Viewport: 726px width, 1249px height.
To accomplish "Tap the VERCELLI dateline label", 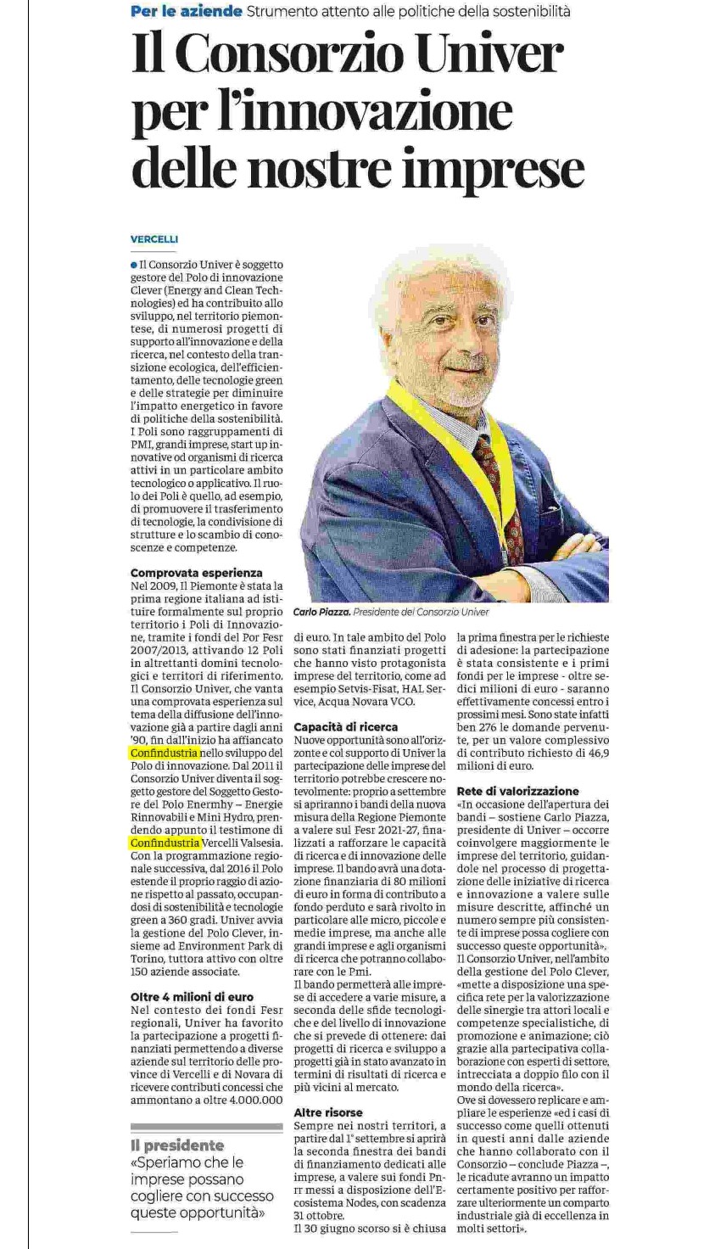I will (x=154, y=239).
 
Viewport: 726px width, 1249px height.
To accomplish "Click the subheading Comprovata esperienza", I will (x=197, y=573).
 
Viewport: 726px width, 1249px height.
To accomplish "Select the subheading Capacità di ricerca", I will (x=345, y=727).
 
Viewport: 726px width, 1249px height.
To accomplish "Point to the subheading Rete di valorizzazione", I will (x=518, y=791).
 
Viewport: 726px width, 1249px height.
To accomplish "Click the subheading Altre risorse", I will (x=328, y=1112).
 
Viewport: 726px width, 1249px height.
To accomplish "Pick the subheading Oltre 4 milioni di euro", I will (x=192, y=997).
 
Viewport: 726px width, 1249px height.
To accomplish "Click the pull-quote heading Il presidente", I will (x=177, y=1145).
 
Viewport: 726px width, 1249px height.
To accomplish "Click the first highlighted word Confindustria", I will (x=165, y=753).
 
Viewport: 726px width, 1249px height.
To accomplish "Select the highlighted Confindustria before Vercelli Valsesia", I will (x=165, y=843).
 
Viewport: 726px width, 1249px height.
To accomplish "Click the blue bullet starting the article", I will (x=134, y=265).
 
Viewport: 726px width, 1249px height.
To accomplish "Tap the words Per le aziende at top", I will (x=186, y=11).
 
